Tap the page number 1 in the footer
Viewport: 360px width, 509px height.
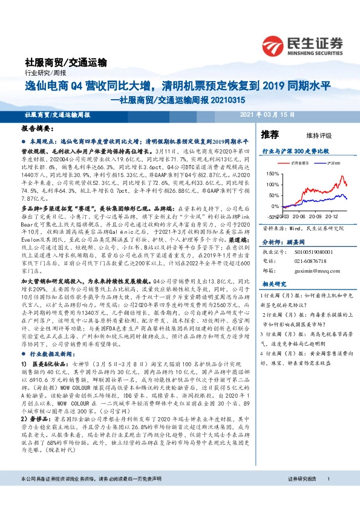point(328,496)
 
